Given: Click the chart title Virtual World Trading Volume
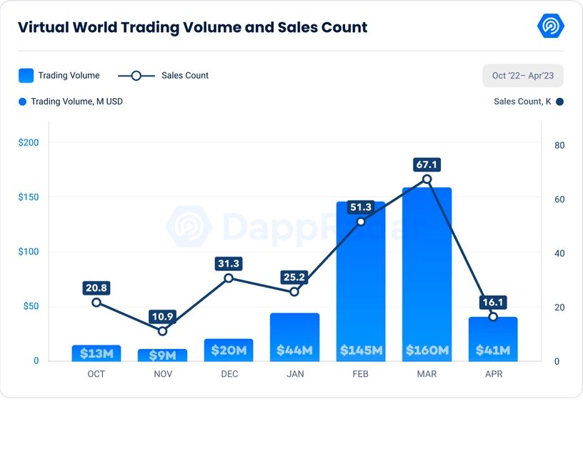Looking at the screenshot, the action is pos(192,28).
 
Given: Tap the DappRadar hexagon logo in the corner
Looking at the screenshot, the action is pos(551,26).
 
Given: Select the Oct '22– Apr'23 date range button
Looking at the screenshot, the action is pos(522,75).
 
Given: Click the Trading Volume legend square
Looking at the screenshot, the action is pos(26,75).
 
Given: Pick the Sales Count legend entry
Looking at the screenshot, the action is pos(163,75).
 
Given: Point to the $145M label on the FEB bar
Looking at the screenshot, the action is pos(361,350).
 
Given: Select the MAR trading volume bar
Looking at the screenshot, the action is pos(427,272).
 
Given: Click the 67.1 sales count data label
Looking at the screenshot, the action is pos(427,164).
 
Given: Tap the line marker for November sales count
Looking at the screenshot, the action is pos(162,331).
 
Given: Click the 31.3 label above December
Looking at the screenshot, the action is pos(229,264).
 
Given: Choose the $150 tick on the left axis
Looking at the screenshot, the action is pos(29,197).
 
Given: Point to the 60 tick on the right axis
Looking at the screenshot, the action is pos(559,200).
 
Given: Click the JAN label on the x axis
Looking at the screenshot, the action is pos(294,374).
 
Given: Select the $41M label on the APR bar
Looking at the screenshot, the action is pos(493,350).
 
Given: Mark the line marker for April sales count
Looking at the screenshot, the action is pos(493,316).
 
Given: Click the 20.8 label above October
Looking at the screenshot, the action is pos(96,288).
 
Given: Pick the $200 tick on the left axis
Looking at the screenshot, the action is pos(29,142).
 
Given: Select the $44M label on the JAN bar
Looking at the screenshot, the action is pos(294,350).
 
